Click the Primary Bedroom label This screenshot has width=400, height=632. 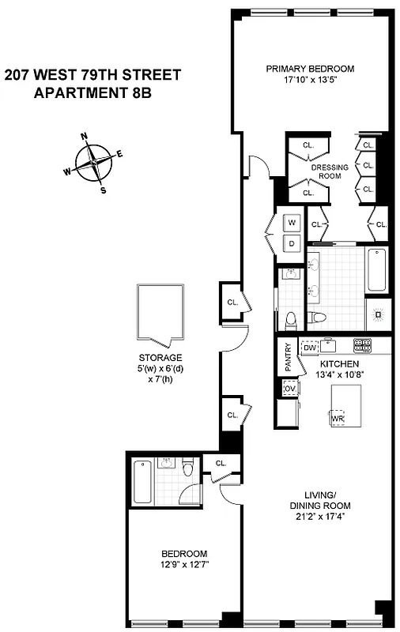coord(310,69)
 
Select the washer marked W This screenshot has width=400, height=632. coord(291,223)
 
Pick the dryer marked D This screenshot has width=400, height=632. coord(291,243)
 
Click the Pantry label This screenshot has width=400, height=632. coord(288,358)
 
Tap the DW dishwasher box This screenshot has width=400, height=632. coord(310,347)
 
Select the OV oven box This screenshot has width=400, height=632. coord(289,389)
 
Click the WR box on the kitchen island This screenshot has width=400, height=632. coord(338,417)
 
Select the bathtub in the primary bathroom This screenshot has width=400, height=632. coord(378,270)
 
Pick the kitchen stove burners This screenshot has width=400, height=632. coord(362,344)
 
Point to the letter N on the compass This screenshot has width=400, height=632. coord(85,136)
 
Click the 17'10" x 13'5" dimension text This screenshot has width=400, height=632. coord(310,79)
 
